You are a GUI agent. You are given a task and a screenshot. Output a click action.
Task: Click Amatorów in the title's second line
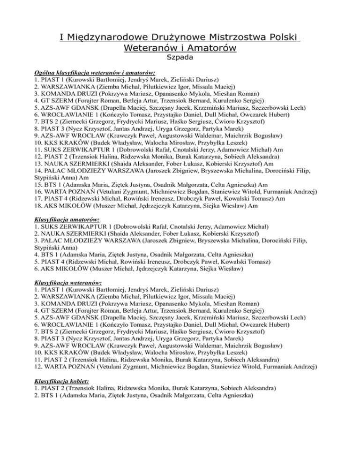point(212,48)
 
